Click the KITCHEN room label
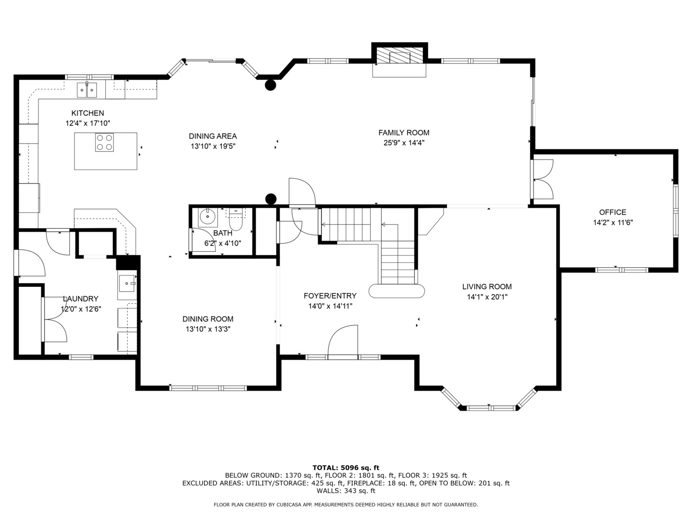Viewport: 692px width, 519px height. [87, 113]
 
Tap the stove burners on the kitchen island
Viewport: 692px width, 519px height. [104, 142]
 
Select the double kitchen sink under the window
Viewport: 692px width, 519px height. [86, 90]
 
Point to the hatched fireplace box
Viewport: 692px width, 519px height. [399, 55]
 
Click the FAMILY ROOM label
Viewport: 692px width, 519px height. [404, 133]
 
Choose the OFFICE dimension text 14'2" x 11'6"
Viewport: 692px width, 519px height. [613, 222]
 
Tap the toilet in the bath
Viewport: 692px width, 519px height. [235, 219]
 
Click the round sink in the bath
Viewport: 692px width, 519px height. [208, 216]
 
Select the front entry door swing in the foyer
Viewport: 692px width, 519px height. [343, 342]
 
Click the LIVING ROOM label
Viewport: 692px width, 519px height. [487, 287]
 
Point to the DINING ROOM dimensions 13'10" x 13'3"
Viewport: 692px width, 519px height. [208, 329]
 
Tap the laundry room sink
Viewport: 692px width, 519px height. [127, 284]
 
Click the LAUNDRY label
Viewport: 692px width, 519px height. [81, 299]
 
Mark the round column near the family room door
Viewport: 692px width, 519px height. [271, 199]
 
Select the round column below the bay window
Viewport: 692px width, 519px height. [270, 85]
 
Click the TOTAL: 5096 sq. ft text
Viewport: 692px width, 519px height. [346, 468]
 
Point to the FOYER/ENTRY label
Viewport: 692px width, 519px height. [330, 296]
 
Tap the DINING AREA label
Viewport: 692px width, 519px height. [213, 136]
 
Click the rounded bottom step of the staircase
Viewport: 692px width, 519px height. [396, 291]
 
